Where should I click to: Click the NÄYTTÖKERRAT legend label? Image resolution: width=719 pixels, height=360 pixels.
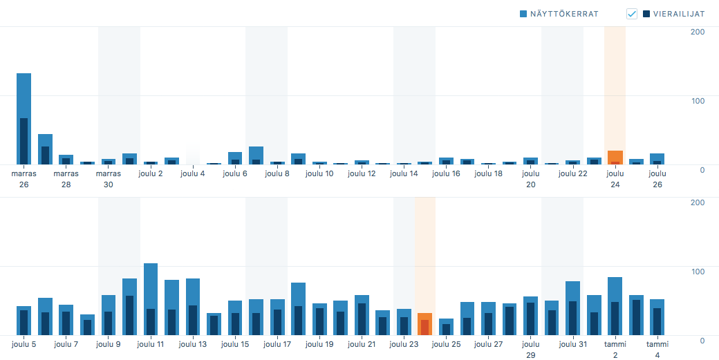563,14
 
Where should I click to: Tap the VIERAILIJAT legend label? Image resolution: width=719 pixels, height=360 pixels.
679,14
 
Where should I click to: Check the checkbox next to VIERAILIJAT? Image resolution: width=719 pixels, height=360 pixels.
632,14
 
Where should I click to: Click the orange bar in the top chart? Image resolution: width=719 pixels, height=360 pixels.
615,158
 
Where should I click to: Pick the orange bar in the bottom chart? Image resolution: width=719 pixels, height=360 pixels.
424,324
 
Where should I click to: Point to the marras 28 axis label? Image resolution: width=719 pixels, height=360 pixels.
66,179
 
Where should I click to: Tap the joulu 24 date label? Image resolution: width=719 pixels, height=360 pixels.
615,179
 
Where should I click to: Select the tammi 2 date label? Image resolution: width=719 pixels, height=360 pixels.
615,349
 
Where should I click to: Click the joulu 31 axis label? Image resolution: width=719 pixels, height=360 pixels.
572,344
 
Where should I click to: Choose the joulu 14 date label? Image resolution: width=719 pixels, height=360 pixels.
404,173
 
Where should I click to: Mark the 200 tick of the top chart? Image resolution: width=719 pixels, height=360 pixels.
698,32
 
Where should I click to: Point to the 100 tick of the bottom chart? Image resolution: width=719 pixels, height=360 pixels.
698,271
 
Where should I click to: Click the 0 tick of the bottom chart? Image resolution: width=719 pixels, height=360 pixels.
701,340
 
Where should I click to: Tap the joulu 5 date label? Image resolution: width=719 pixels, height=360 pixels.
24,344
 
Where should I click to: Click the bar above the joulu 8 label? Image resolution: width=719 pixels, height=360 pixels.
277,163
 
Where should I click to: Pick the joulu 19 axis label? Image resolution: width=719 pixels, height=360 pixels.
319,344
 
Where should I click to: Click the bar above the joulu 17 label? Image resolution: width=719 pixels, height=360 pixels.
277,317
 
